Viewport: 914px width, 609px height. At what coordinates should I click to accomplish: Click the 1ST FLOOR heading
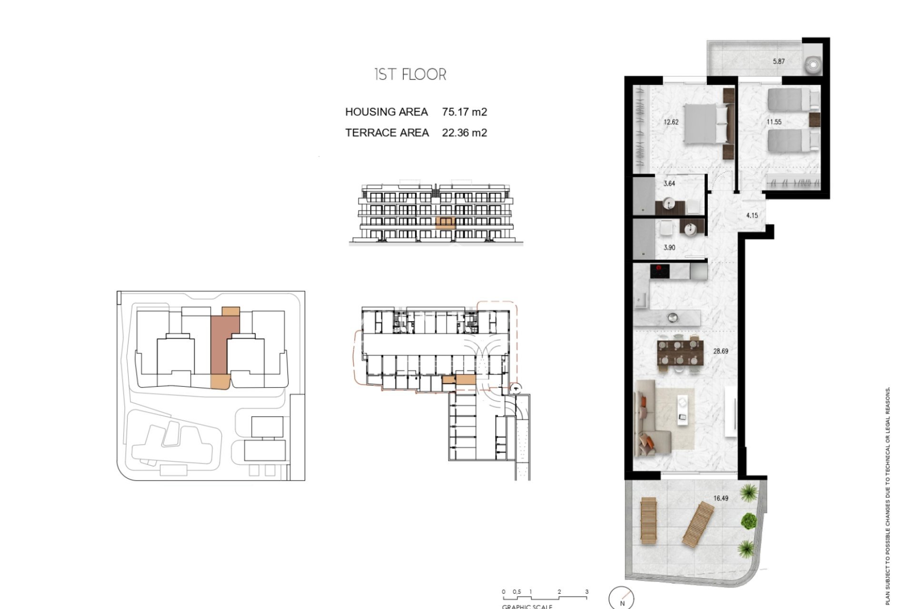[410, 75]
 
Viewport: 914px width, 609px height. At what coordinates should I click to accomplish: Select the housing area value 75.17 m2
[464, 112]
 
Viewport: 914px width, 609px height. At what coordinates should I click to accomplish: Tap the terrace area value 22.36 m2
[464, 133]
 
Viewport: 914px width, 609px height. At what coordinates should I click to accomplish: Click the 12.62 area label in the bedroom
[671, 122]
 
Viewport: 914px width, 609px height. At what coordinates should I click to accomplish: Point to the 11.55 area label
[774, 122]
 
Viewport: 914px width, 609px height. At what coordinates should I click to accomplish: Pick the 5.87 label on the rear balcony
[779, 61]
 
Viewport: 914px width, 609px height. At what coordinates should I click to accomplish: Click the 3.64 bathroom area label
[669, 183]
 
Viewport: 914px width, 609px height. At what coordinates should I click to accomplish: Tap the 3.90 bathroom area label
[669, 247]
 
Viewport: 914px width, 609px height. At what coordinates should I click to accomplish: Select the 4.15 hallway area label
[752, 216]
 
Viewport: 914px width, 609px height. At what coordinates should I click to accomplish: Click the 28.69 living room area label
[720, 351]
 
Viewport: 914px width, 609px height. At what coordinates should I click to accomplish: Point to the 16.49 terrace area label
[721, 498]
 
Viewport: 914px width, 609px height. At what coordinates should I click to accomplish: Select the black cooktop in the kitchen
[660, 272]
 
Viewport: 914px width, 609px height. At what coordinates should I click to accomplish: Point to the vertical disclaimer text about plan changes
[888, 495]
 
